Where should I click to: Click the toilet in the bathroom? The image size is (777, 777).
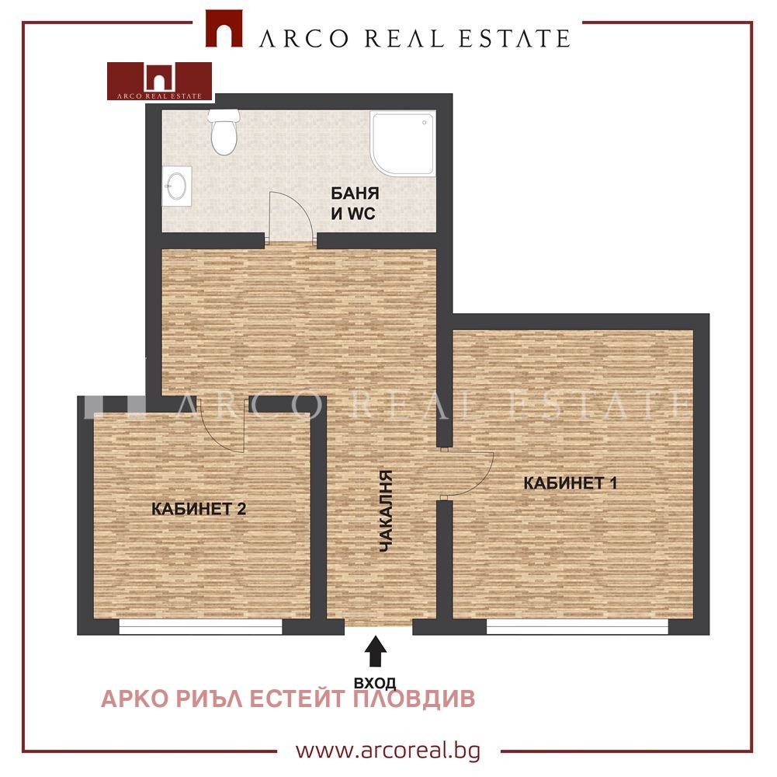pyautogui.click(x=224, y=132)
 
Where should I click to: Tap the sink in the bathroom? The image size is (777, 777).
pyautogui.click(x=177, y=186)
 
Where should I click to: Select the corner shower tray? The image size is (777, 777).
pyautogui.click(x=403, y=144)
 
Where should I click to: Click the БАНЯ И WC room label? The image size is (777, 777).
pyautogui.click(x=355, y=203)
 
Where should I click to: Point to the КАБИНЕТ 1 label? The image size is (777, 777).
pyautogui.click(x=571, y=483)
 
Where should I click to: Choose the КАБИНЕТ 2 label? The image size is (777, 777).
pyautogui.click(x=199, y=509)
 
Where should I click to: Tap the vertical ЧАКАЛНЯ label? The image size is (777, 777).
pyautogui.click(x=385, y=511)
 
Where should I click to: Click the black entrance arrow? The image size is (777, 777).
pyautogui.click(x=376, y=650)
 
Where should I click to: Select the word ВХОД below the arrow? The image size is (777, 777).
pyautogui.click(x=375, y=683)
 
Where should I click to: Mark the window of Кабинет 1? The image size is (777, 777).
pyautogui.click(x=578, y=627)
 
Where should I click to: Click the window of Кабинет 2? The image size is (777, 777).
pyautogui.click(x=201, y=627)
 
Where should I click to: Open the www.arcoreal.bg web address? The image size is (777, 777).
pyautogui.click(x=388, y=751)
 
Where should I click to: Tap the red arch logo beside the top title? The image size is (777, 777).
pyautogui.click(x=224, y=29)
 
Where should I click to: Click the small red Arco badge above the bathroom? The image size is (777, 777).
pyautogui.click(x=160, y=81)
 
